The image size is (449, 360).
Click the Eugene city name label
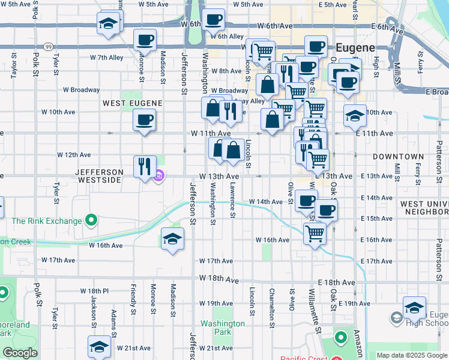[x=355, y=47]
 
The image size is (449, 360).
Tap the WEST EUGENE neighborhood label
[x=132, y=103]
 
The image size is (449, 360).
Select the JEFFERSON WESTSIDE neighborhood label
[x=100, y=172]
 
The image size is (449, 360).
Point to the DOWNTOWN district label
[x=398, y=156]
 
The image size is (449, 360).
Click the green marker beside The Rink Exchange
[x=91, y=221]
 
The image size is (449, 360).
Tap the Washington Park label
[x=223, y=328]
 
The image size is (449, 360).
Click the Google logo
[x=20, y=353]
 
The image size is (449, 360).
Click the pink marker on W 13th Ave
[x=159, y=176]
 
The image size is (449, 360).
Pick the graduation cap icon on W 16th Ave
[x=172, y=238]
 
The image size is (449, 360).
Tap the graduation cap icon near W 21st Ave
[x=100, y=346]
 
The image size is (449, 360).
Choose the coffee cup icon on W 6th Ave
[x=213, y=19]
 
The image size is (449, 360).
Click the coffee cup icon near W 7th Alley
[x=145, y=40]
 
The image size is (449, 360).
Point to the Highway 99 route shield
[x=47, y=46]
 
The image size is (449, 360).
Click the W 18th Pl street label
[x=94, y=290]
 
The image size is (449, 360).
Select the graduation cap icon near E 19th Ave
[x=414, y=307]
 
